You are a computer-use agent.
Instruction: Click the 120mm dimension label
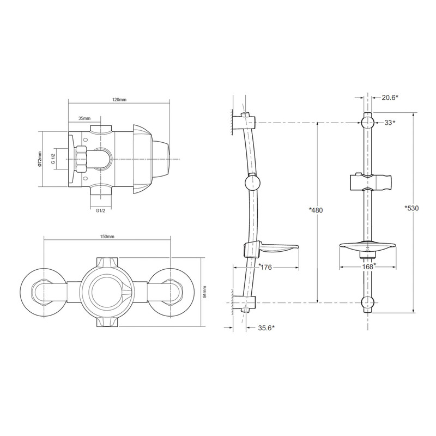pos(119,100)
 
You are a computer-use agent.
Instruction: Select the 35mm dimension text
pos(84,118)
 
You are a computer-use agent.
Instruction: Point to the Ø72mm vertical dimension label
pos(40,160)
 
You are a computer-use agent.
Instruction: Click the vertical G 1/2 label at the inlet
pos(53,159)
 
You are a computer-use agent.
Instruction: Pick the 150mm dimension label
pos(107,237)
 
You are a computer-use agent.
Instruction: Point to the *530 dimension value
pos(412,209)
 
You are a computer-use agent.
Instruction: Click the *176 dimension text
pos(265,267)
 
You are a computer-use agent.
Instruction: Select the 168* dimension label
pos(369,267)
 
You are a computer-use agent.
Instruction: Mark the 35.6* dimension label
pos(266,328)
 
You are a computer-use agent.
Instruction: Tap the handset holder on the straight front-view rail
pos(369,182)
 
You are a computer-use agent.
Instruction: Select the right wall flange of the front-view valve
pos(173,290)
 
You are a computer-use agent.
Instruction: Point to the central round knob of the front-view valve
pos(107,290)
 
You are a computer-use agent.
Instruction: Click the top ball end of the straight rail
pos(368,120)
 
